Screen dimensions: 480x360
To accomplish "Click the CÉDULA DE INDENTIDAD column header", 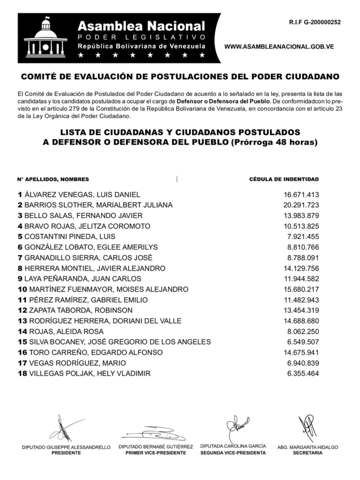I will tap(284, 179).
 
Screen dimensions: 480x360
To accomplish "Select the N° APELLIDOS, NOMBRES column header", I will tap(53, 179).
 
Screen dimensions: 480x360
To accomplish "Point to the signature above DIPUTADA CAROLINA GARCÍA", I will tap(236, 427).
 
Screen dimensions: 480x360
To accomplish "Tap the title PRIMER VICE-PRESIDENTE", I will tap(152, 453).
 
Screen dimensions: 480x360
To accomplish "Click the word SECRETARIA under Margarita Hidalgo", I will tap(307, 453).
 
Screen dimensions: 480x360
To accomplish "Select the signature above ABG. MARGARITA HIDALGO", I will tap(307, 427).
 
